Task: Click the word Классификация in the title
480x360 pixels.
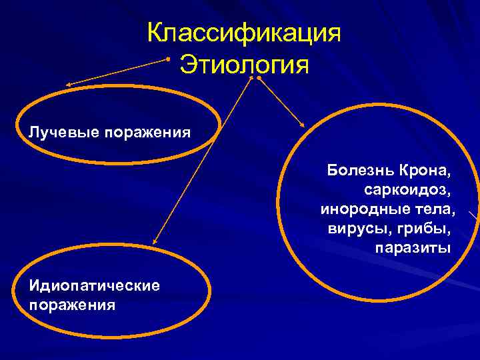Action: pos(244,34)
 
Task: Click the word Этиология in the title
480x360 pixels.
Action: pos(245,66)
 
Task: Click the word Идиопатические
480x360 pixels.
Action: pos(94,286)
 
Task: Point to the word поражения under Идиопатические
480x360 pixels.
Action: pos(71,305)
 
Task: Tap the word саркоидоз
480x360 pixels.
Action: pos(407,190)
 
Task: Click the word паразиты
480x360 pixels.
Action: pos(413,249)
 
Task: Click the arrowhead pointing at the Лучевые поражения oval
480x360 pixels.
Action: pos(69,85)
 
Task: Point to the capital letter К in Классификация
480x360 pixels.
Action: pos(155,34)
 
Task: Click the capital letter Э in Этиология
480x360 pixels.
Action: pos(189,66)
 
